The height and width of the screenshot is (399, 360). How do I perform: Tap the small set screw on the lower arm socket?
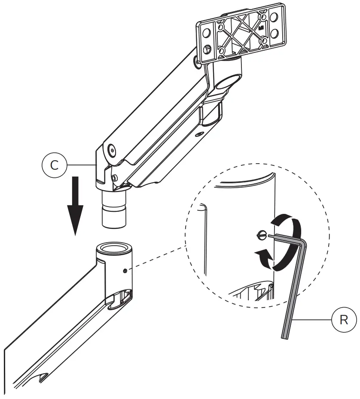click(x=124, y=271)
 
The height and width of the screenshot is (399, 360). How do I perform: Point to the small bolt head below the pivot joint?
click(x=114, y=177)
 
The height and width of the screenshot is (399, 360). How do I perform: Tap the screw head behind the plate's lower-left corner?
click(x=197, y=63)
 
